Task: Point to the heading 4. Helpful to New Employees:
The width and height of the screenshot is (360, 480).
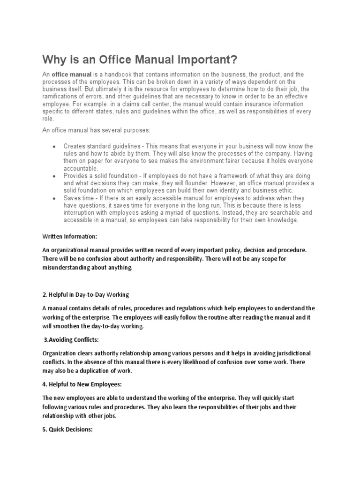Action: pos(82,384)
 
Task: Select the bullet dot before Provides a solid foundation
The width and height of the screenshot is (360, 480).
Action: pos(55,175)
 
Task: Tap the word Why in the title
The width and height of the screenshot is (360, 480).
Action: pos(53,60)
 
